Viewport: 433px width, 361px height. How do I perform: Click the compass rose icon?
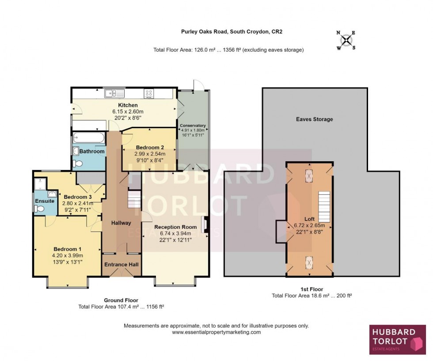tap(348, 40)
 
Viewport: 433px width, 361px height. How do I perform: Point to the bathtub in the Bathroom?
tap(89, 138)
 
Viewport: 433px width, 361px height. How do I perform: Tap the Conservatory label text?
tap(193, 125)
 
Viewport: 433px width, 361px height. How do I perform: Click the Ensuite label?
tap(45, 201)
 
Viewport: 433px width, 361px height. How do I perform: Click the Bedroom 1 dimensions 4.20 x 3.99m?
tap(67, 255)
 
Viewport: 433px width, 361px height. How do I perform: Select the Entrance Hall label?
tap(121, 264)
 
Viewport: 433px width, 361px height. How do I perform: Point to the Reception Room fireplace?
tap(205, 224)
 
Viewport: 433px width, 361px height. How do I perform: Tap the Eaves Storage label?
tap(314, 119)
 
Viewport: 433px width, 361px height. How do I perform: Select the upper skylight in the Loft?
tap(309, 176)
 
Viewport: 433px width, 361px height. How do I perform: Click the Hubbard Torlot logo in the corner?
tap(397, 339)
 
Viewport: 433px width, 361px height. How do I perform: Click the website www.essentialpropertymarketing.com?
tap(216, 332)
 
